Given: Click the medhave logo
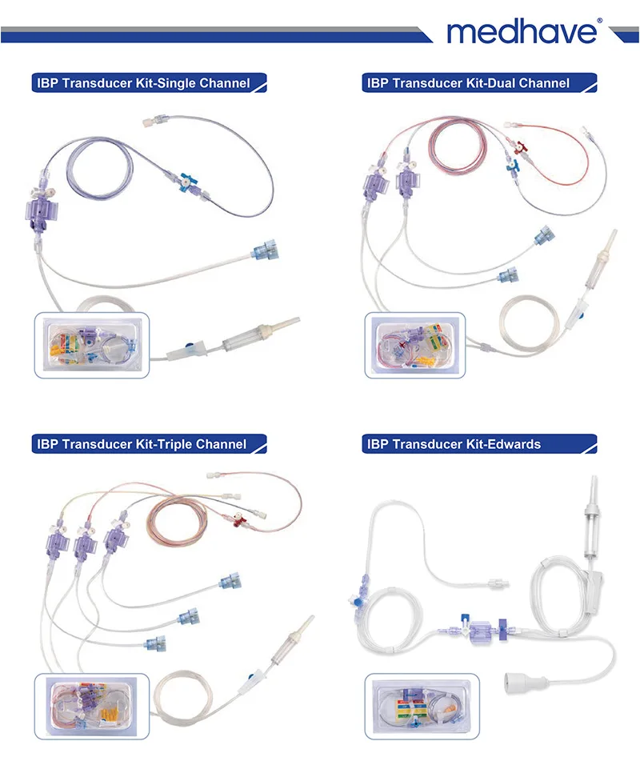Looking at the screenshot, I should [x=521, y=31].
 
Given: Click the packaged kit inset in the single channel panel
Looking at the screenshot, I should [x=91, y=345].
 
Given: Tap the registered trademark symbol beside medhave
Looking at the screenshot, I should [x=599, y=22].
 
